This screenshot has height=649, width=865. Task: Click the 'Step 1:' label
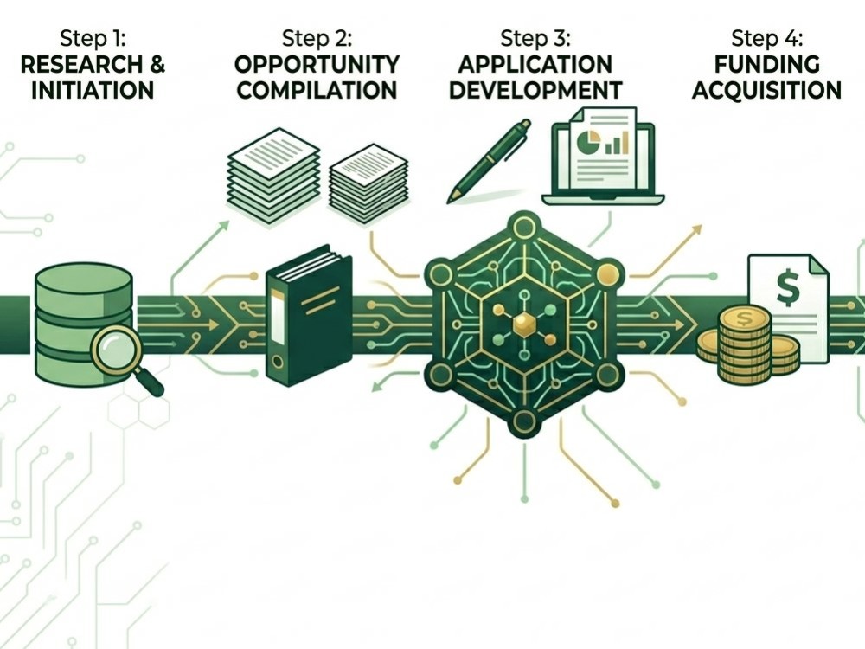[93, 39]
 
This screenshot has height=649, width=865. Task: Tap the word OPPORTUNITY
[317, 65]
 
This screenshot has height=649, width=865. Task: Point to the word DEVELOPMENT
[535, 90]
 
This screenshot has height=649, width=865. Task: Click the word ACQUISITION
[766, 90]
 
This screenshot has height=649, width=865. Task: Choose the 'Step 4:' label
[766, 39]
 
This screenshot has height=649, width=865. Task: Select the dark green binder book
[309, 316]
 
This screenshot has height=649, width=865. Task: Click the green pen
[490, 161]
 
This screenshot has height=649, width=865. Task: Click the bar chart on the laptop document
[617, 143]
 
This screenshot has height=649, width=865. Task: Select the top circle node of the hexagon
[524, 227]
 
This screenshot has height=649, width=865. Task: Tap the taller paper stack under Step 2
[273, 176]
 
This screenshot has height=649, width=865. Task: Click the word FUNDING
[766, 65]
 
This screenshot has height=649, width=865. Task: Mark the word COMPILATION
[317, 90]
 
